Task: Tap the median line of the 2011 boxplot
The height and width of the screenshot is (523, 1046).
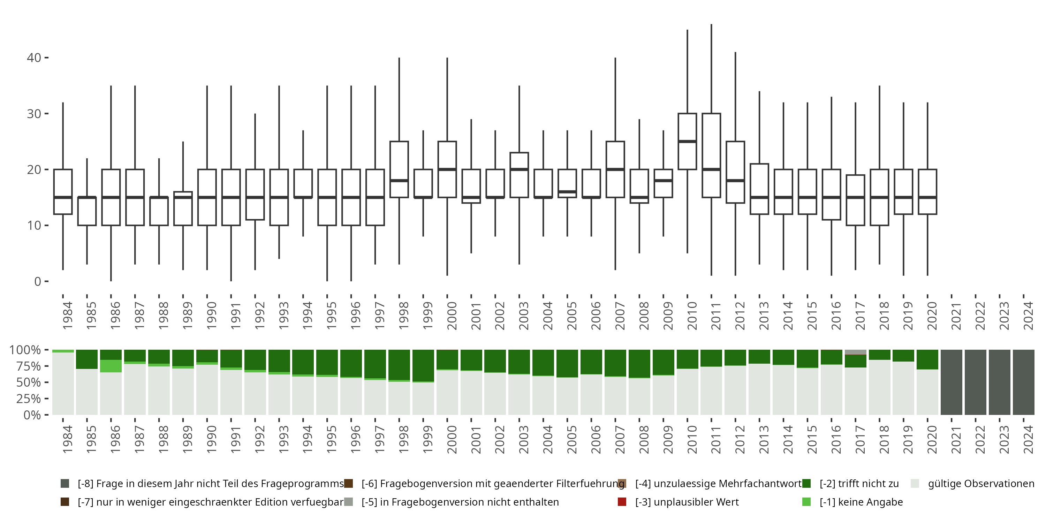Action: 711,169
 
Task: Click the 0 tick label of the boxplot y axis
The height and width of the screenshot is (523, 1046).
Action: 38,281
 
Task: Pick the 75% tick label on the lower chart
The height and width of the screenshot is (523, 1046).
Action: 25,366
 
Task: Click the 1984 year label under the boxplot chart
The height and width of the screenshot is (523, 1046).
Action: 67,315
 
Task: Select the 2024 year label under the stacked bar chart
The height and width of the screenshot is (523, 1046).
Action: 1028,439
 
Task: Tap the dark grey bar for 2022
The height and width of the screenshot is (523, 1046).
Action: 975,382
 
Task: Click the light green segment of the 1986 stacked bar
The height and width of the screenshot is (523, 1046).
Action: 111,366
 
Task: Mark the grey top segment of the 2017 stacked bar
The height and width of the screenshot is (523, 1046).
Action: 856,352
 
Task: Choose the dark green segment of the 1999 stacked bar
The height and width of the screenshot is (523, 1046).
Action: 423,365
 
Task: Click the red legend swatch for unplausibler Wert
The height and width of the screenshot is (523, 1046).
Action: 622,502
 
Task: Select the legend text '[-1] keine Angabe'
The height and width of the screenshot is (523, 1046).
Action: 861,502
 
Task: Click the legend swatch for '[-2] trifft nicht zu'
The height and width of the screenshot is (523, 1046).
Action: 806,484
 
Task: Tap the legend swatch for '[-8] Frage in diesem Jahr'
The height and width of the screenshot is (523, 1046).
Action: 65,484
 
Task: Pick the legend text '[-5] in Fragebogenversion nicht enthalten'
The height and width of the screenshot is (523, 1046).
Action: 460,502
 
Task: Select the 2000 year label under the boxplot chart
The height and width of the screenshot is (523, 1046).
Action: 452,315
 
